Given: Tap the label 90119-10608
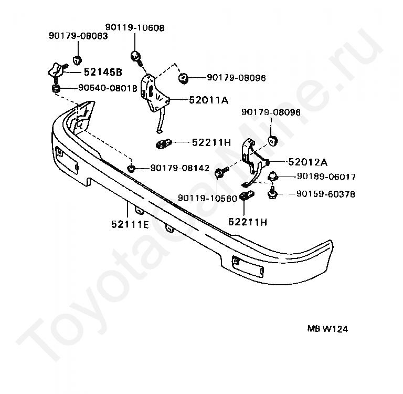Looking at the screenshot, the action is click(x=134, y=27).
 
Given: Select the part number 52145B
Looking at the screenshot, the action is click(x=96, y=72).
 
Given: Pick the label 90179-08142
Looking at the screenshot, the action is click(x=179, y=168).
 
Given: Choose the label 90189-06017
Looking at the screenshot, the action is click(x=325, y=177).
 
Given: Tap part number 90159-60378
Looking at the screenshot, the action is click(x=325, y=194).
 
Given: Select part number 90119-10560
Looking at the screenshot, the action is click(x=207, y=198).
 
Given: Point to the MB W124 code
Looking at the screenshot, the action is click(x=327, y=329).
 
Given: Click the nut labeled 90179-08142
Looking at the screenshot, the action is click(x=132, y=168).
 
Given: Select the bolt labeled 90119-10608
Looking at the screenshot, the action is click(x=135, y=56).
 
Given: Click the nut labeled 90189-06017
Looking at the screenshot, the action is click(x=273, y=176).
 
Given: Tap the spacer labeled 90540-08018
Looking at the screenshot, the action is click(x=56, y=90).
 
